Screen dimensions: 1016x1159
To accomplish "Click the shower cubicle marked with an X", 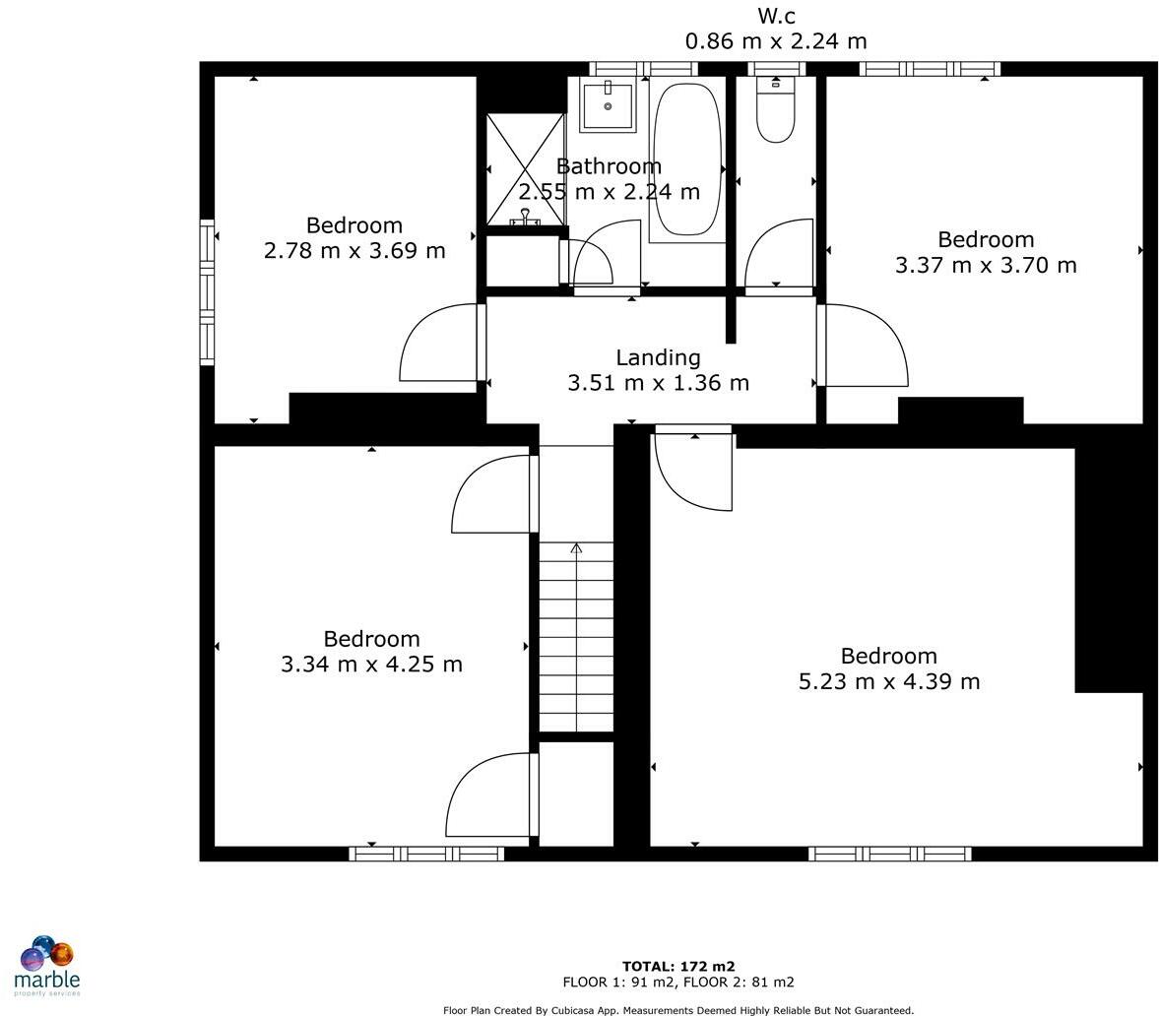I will click(x=526, y=169).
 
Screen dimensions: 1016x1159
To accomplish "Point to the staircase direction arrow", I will click(x=576, y=548).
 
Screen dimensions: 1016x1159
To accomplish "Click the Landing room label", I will click(x=658, y=357).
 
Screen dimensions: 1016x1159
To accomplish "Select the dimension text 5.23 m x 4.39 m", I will click(x=889, y=681).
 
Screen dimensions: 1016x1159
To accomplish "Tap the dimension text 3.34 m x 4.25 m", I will click(x=371, y=664).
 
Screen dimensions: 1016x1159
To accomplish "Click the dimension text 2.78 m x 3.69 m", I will click(x=354, y=250).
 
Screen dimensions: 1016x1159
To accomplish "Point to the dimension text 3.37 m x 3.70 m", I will click(x=986, y=265).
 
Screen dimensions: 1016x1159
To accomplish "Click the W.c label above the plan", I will click(x=776, y=16).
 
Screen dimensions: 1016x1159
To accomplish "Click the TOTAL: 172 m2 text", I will click(x=678, y=966).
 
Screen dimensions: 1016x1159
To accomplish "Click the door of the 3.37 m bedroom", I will click(x=864, y=346).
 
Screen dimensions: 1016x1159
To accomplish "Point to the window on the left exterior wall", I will click(x=207, y=291).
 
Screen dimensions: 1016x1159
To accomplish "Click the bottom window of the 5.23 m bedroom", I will click(x=889, y=854).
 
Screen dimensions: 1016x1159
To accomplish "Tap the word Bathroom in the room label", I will click(x=609, y=165).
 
